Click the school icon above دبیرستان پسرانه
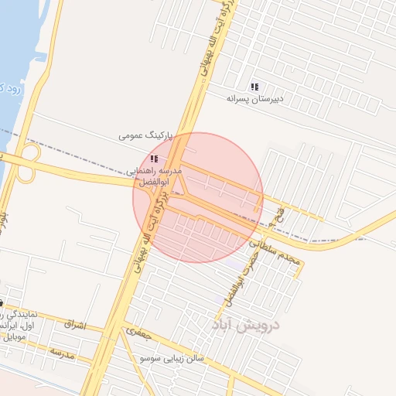pyautogui.click(x=255, y=87)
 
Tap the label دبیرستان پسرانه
pyautogui.click(x=256, y=99)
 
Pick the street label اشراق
pyautogui.click(x=76, y=323)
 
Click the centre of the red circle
pyautogui.click(x=198, y=198)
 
